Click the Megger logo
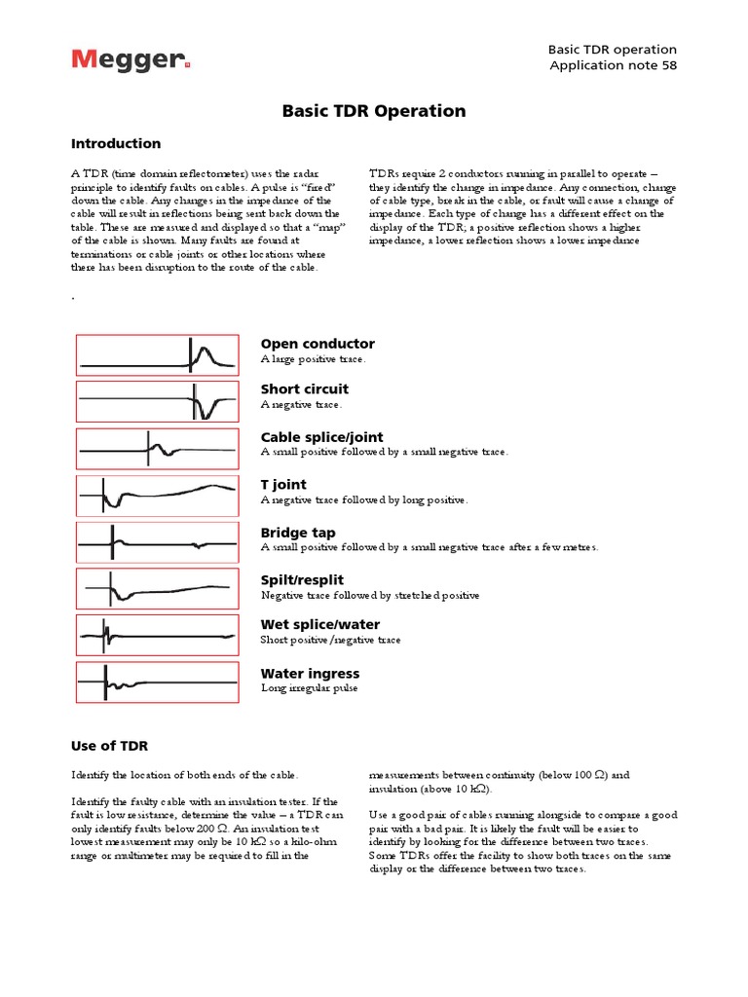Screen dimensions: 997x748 [x=130, y=61]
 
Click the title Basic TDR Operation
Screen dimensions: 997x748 [x=374, y=111]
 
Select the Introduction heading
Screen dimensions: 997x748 [x=116, y=144]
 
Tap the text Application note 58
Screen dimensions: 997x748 [x=613, y=65]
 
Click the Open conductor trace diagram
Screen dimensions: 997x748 [x=157, y=355]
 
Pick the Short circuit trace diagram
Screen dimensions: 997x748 [x=157, y=401]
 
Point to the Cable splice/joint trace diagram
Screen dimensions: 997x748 [x=157, y=449]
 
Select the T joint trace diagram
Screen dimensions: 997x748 [x=157, y=496]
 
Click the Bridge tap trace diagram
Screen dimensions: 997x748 [x=157, y=542]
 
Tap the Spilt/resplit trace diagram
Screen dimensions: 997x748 [x=157, y=589]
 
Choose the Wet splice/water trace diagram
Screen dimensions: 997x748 [x=157, y=635]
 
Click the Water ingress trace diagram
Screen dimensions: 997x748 [x=157, y=683]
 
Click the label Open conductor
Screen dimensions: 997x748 [x=318, y=344]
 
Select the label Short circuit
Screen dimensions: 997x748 [x=305, y=389]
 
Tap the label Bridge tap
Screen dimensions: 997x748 [x=298, y=533]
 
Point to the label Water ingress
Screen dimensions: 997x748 [x=310, y=674]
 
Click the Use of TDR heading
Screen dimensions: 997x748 [x=109, y=746]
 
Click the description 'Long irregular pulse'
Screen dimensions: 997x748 [x=310, y=688]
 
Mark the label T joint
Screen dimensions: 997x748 [x=283, y=485]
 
